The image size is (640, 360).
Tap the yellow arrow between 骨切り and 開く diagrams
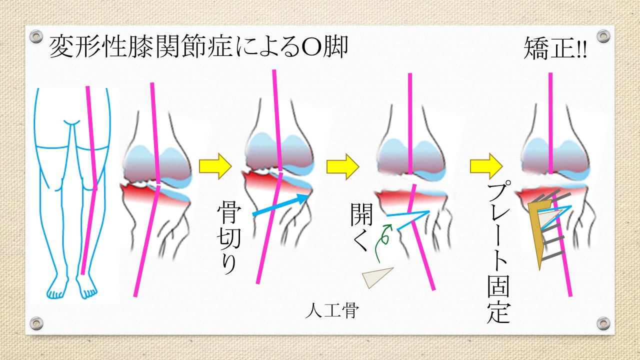pyautogui.click(x=342, y=165)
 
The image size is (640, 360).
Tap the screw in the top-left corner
pyautogui.click(x=36, y=36)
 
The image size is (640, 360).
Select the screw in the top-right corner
pyautogui.click(x=603, y=36)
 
